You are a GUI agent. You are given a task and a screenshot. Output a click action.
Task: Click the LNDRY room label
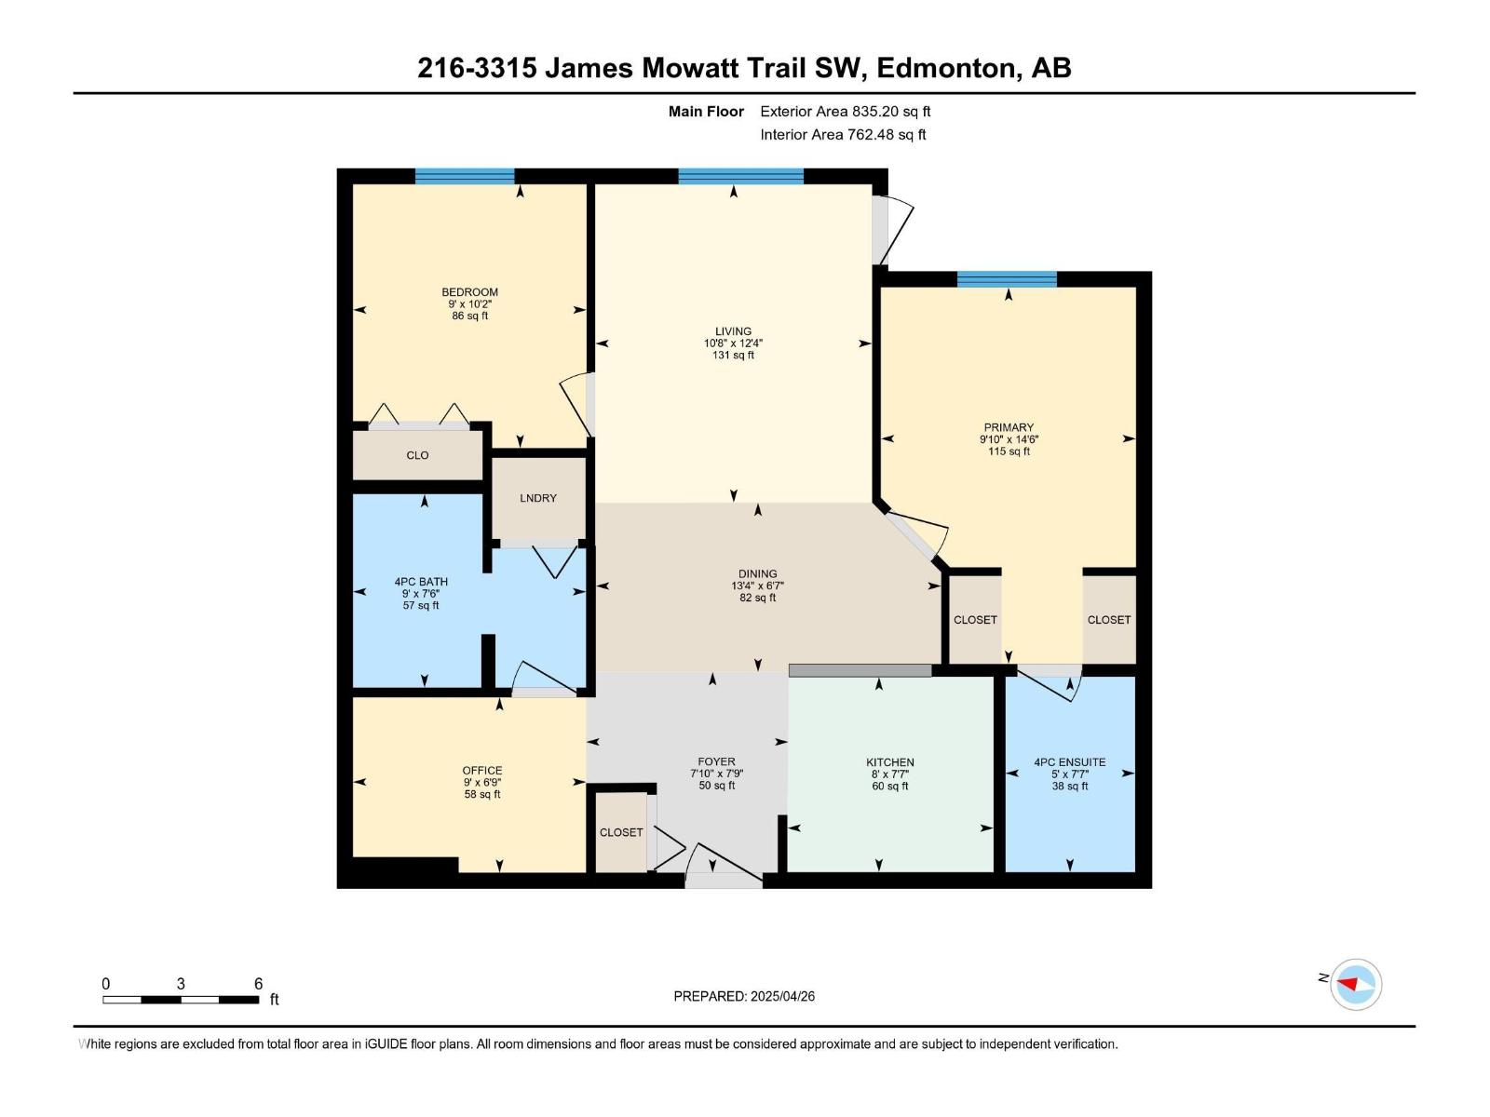click(538, 498)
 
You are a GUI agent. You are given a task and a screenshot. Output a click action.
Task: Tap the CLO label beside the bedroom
click(417, 455)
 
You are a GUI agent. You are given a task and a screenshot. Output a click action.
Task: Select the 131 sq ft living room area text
click(733, 355)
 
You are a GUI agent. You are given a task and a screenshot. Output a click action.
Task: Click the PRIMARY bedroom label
click(1009, 427)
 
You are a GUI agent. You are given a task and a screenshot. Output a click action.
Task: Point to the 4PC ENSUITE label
click(1070, 761)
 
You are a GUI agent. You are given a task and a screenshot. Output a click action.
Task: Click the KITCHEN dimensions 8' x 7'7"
click(889, 774)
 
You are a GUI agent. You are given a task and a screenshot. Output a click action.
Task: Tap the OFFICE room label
click(482, 770)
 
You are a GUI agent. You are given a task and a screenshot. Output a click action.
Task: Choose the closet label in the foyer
click(621, 832)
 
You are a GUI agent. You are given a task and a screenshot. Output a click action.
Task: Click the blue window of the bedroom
click(465, 176)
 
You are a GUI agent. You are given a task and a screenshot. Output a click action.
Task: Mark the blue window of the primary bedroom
click(1007, 279)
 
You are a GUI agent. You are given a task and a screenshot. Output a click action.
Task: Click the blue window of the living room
click(740, 176)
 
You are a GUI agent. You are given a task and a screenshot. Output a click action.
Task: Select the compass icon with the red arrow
click(1355, 984)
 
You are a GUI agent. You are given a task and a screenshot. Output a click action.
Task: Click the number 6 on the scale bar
click(258, 984)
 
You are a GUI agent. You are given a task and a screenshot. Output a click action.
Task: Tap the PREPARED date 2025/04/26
click(781, 996)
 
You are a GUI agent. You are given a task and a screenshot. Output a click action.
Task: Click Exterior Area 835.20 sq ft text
click(845, 111)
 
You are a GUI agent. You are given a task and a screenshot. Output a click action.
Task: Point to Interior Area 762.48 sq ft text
click(843, 134)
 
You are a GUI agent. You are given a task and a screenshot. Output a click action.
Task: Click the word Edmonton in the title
click(945, 68)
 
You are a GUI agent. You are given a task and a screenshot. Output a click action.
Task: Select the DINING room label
click(758, 574)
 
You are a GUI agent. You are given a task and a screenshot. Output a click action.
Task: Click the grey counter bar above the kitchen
click(860, 670)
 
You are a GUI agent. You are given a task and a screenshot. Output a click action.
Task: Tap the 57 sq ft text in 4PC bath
click(421, 605)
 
